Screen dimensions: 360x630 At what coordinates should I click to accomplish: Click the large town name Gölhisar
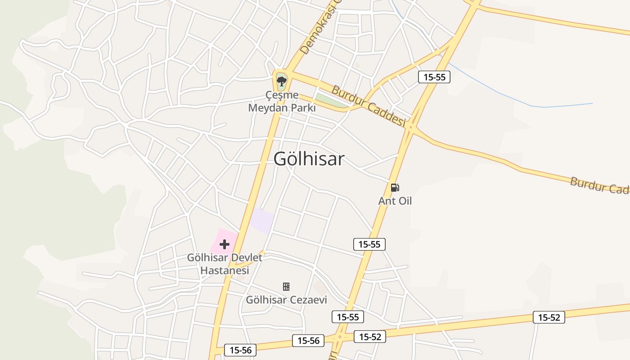pos(309,159)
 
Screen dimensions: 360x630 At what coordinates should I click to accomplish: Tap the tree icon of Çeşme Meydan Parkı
pos(282,81)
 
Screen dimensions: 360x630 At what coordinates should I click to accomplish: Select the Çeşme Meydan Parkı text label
pos(282,102)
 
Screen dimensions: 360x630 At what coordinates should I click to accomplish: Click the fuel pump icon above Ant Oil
pos(395,188)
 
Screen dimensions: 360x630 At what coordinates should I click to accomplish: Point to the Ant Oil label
pos(395,201)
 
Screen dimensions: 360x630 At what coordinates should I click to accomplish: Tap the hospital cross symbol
pos(225,245)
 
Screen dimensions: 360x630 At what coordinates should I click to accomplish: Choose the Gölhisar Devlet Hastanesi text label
pos(225,264)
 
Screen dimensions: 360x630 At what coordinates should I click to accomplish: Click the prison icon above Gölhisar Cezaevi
pos(286,287)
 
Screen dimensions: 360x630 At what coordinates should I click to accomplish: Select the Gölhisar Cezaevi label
pos(286,300)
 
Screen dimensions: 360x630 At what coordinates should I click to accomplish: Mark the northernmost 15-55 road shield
pos(434,77)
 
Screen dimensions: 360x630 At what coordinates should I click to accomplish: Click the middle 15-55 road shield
pos(369,244)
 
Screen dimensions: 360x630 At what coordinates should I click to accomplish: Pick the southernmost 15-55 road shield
pos(348,317)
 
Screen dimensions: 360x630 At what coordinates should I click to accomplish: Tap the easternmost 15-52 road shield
pos(549,317)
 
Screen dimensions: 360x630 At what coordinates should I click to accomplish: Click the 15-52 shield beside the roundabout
pos(370,337)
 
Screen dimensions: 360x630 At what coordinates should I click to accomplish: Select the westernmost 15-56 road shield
pos(240,350)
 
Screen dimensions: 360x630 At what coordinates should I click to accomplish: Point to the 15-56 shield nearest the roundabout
pos(308,341)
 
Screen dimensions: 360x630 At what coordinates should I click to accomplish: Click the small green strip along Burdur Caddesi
pos(332,101)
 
